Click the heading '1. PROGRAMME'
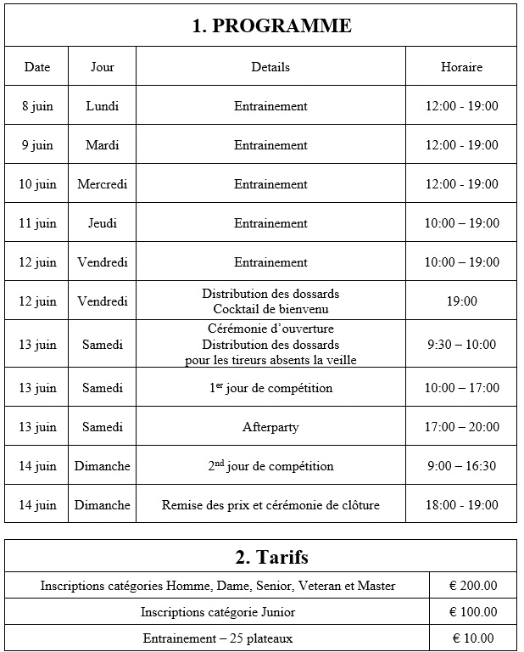pos(270,26)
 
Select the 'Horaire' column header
pos(461,67)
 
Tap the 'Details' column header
pos(270,67)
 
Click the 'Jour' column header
pos(103,67)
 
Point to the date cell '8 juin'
pos(37,106)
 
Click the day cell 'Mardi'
pos(103,145)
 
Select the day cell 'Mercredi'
pos(103,184)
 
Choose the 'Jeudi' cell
pos(103,223)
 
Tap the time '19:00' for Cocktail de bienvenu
pos(461,301)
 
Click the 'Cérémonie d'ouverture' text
pos(270,329)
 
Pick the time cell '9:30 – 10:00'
pos(461,345)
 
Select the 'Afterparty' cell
pos(270,427)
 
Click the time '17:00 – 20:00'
pos(461,427)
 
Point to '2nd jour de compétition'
pos(270,466)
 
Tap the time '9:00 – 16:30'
pos(461,466)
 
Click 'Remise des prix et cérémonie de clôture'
pos(270,505)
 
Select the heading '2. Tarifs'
pos(270,558)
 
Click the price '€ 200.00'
pos(473,585)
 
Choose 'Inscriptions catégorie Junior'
pos(218,611)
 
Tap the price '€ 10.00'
pos(473,638)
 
